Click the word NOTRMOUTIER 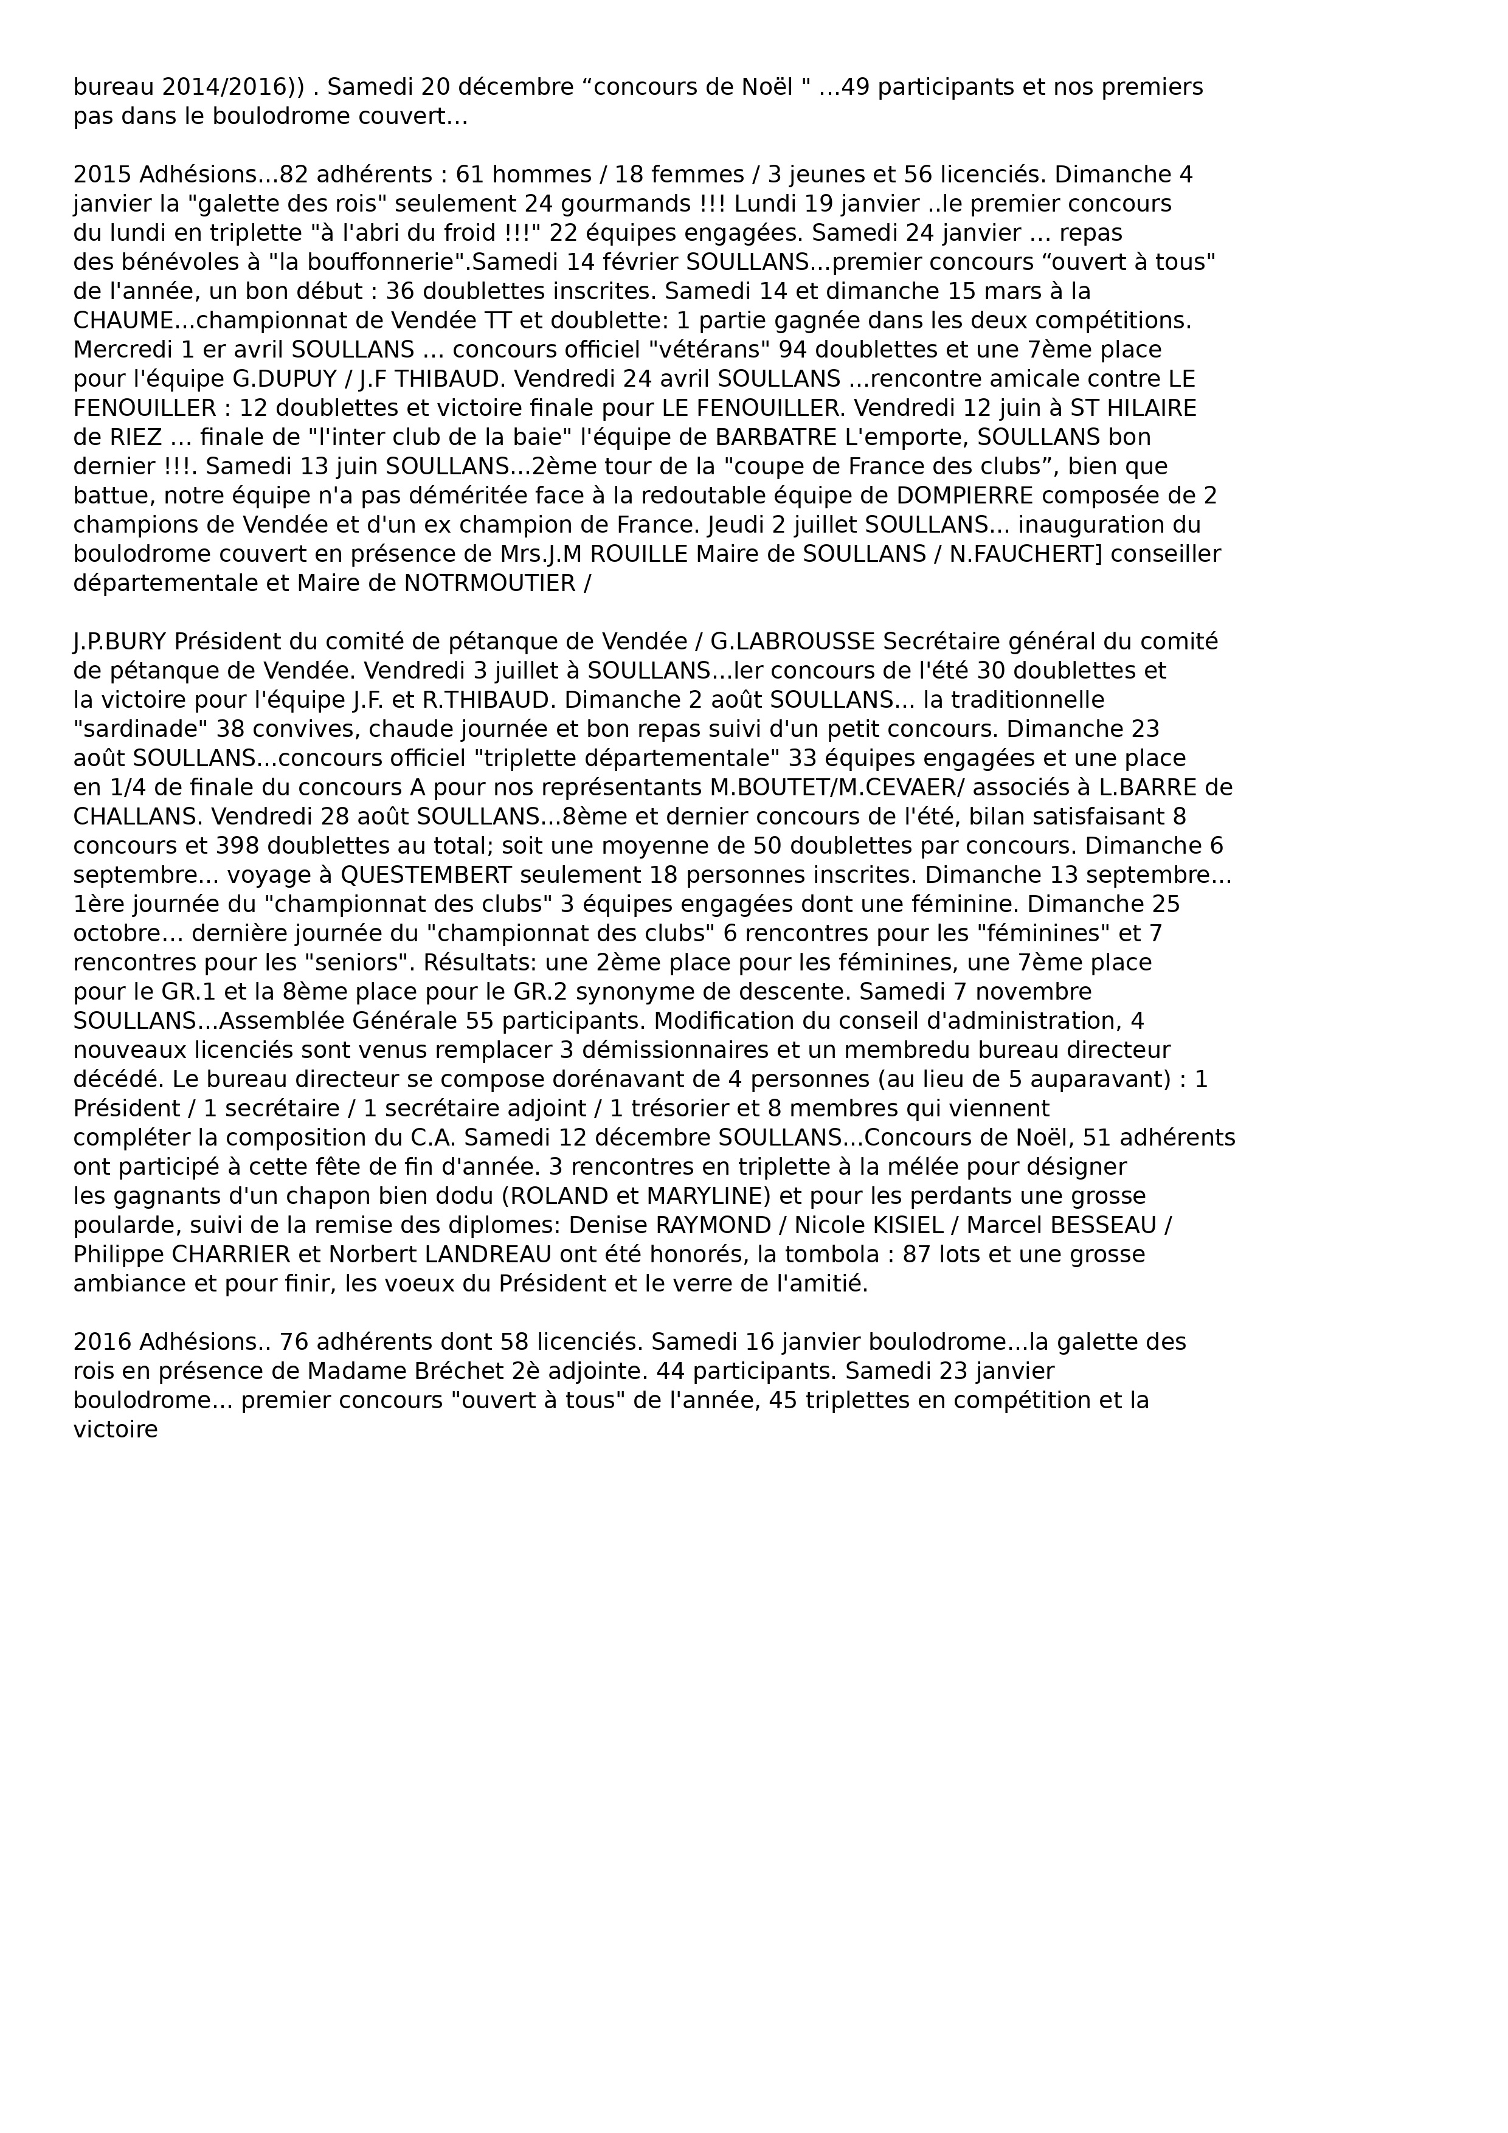489,584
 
